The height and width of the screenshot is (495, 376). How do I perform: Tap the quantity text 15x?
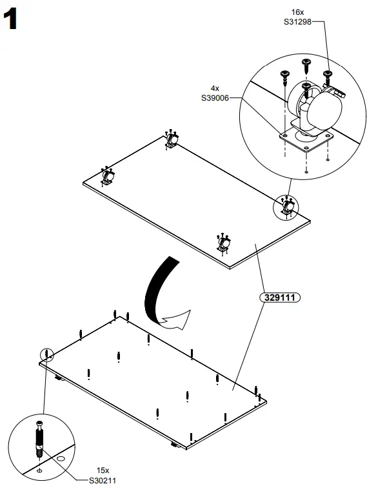pos(104,471)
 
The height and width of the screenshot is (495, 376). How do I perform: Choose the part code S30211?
pos(104,480)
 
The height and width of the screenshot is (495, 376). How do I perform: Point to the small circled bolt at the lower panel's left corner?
pos(47,353)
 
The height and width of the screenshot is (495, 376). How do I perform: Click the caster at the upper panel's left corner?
pos(108,176)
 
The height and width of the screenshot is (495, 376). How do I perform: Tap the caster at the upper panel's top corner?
pos(172,140)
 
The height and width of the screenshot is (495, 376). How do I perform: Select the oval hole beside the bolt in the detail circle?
pos(61,458)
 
